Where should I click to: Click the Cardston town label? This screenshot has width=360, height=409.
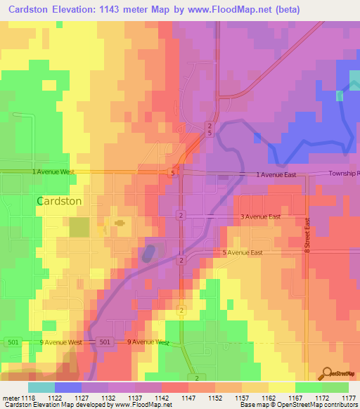pyautogui.click(x=59, y=200)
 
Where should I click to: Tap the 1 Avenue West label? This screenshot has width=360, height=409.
pyautogui.click(x=53, y=171)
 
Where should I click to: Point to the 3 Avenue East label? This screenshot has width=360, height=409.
pyautogui.click(x=260, y=217)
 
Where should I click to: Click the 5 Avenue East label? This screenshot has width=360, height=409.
pyautogui.click(x=243, y=252)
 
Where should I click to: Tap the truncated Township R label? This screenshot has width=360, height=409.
pyautogui.click(x=345, y=173)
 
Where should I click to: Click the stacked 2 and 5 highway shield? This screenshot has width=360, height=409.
pyautogui.click(x=209, y=129)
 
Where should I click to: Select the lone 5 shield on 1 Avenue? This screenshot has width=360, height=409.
pyautogui.click(x=172, y=172)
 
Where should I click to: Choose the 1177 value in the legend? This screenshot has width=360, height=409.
pyautogui.click(x=348, y=397)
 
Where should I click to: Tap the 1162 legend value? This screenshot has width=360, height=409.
pyautogui.click(x=260, y=397)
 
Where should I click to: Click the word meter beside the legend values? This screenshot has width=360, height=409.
pyautogui.click(x=8, y=397)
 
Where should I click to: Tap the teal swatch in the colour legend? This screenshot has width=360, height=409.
pyautogui.click(x=41, y=387)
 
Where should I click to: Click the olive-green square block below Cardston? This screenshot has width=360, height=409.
pyautogui.click(x=79, y=227)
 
